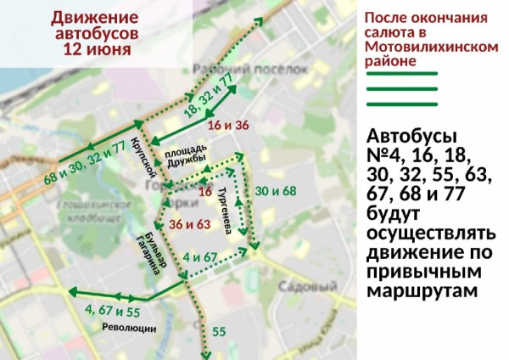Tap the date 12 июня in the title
(96, 49)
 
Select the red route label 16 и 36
(228, 126)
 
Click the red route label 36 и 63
(189, 225)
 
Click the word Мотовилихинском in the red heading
(431, 48)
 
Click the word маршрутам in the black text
(423, 290)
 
